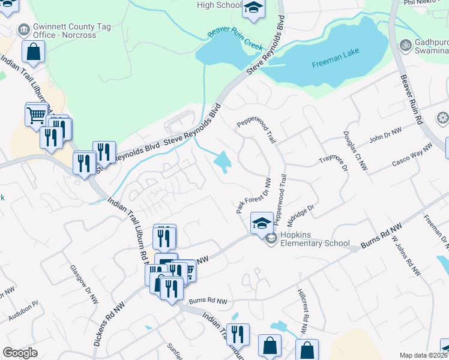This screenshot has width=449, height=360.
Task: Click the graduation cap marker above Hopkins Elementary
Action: point(262,224)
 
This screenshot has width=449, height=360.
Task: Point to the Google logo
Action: point(20,353)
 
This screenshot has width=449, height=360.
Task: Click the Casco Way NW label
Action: point(412,155)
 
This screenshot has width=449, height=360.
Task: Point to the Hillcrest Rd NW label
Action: point(303,311)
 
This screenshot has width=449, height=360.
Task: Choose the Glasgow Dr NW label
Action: point(84,284)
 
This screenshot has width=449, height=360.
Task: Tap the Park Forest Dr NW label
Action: point(253,195)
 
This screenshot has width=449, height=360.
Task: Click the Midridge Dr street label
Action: point(300,215)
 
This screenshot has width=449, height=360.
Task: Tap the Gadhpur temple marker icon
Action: point(405,45)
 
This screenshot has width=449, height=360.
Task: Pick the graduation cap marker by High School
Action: point(253,8)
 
